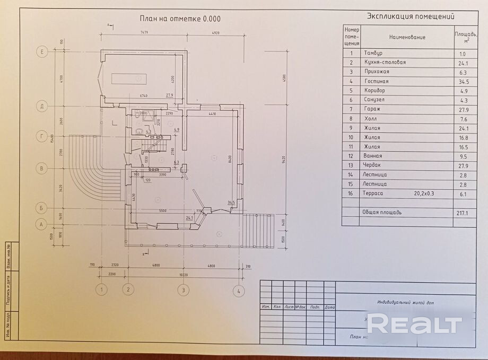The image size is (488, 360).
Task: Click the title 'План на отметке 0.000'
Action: point(180,19)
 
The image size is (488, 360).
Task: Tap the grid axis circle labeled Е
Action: point(41,52)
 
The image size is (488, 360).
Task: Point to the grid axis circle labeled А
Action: point(41,224)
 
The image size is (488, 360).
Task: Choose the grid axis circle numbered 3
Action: point(183,290)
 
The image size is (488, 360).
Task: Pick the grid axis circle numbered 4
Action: point(239,290)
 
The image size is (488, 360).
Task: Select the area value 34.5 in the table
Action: point(463,82)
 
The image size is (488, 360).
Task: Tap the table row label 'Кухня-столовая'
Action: point(385,63)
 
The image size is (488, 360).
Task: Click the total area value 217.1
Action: point(462,213)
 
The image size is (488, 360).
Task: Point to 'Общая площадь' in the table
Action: point(382,213)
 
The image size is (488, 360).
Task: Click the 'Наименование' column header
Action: point(407,38)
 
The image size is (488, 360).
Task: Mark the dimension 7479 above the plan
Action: point(144,33)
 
